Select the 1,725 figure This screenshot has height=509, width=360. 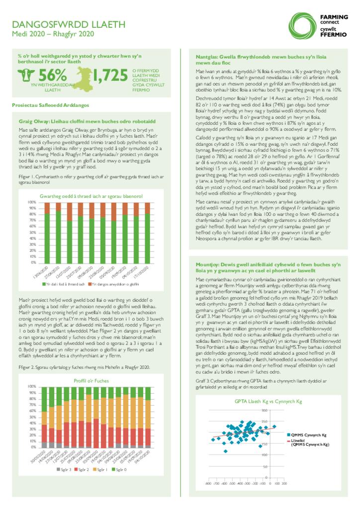[x=110, y=75]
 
